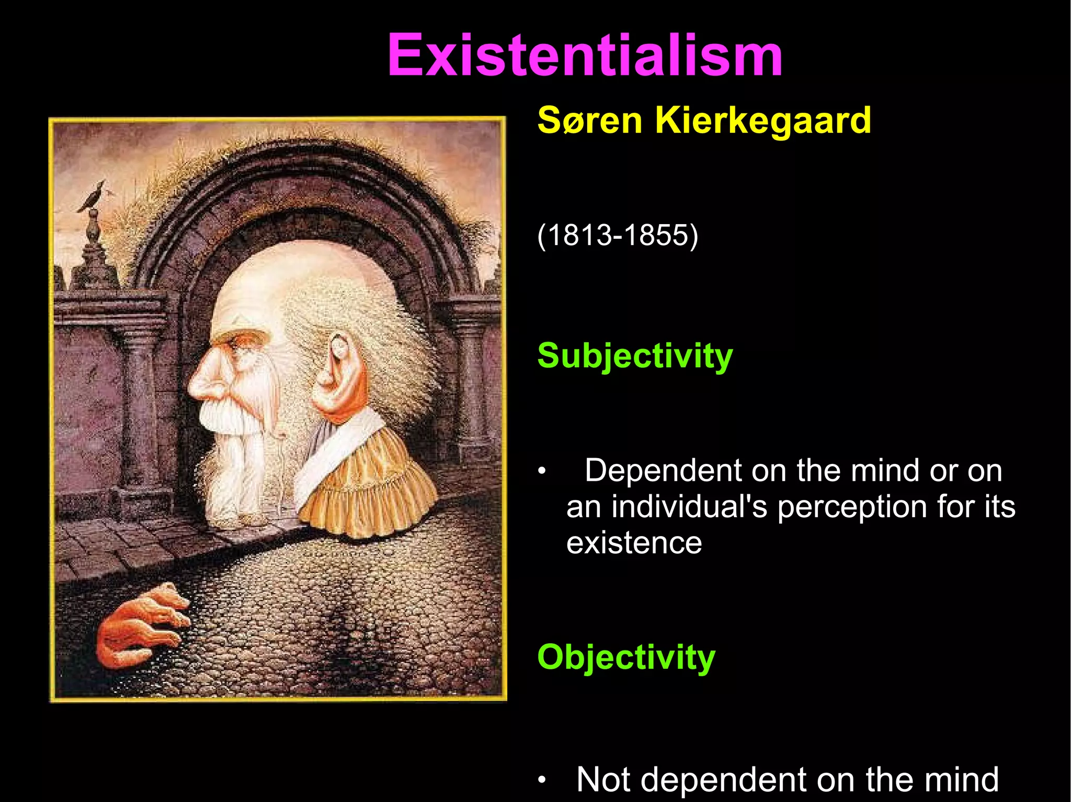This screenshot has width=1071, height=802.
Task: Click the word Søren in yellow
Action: click(x=589, y=121)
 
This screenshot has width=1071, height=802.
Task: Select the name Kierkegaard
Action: click(x=763, y=121)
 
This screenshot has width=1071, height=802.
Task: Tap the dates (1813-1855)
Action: click(x=618, y=235)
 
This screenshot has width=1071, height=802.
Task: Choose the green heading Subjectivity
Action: click(x=635, y=356)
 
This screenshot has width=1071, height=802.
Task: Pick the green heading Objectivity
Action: click(x=626, y=657)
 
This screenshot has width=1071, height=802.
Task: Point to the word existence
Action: click(x=634, y=543)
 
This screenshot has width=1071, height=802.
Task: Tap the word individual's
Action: click(x=689, y=507)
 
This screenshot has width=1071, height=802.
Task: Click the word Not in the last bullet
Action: click(x=602, y=780)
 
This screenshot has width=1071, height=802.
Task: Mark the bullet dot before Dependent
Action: click(x=542, y=472)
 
